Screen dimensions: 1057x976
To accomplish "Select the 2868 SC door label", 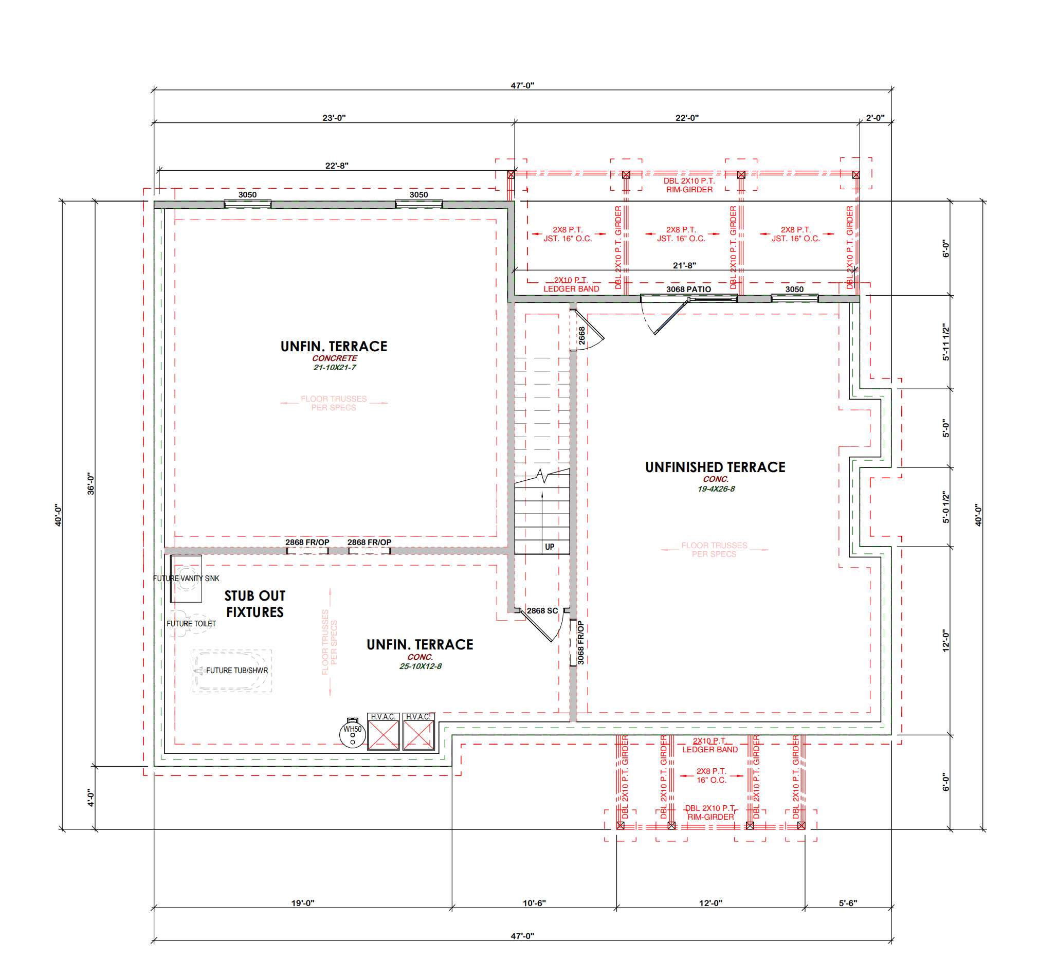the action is point(542,611).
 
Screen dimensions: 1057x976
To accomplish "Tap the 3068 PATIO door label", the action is point(688,290).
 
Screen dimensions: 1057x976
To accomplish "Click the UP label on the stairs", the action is point(550,547).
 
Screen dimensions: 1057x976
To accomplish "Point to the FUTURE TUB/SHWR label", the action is point(237,671).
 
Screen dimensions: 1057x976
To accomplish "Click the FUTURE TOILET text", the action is point(191,624).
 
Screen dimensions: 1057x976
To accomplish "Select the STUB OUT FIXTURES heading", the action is point(255,604).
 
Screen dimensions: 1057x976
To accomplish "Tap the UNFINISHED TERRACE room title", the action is point(716,467).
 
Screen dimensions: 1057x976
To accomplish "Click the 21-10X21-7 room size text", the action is point(335,368).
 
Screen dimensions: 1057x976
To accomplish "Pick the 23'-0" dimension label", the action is point(334,118).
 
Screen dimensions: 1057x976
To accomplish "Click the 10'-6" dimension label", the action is point(534,903).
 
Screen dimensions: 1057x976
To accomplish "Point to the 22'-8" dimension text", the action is point(337,166).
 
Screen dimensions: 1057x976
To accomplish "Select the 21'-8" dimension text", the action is point(684,266).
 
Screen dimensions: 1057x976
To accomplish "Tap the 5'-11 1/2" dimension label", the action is point(946,342).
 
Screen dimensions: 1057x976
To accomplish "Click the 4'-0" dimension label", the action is point(91,798).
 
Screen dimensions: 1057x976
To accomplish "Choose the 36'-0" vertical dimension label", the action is point(91,484).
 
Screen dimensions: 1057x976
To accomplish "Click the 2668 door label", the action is point(582,336).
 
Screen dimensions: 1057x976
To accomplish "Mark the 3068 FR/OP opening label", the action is point(581,643).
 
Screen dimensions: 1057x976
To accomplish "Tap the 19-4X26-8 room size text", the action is point(716,489).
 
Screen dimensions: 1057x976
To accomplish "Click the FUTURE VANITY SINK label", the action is point(186,579).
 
